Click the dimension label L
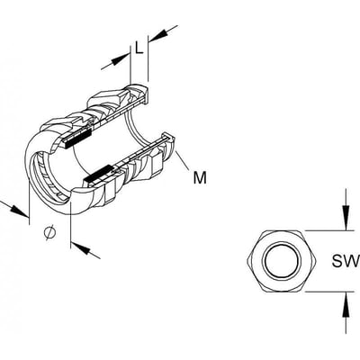(139, 48)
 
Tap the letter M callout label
(200, 177)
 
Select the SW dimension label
(346, 261)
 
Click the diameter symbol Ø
(49, 232)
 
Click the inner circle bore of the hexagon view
(281, 261)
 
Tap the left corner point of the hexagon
(247, 261)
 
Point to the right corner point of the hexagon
(316, 261)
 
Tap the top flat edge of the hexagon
(282, 231)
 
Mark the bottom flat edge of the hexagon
(282, 291)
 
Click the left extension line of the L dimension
(130, 65)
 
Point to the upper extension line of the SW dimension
(328, 230)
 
